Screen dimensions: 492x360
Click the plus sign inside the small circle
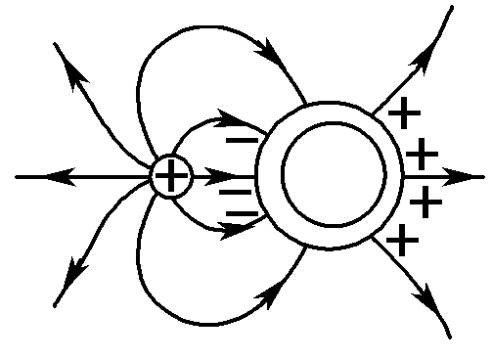(x=172, y=177)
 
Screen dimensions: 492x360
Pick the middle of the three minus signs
(x=236, y=192)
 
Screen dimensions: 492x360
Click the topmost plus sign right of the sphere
(x=404, y=113)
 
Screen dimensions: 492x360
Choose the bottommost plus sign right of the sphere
(x=402, y=238)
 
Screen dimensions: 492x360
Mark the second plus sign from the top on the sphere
(x=422, y=154)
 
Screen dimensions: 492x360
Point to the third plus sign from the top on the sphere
(x=425, y=202)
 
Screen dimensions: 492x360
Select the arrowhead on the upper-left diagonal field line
(x=71, y=66)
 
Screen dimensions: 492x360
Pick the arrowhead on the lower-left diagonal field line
(x=71, y=288)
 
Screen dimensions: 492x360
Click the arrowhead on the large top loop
(x=269, y=46)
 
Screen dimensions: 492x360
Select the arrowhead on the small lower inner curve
(x=230, y=232)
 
